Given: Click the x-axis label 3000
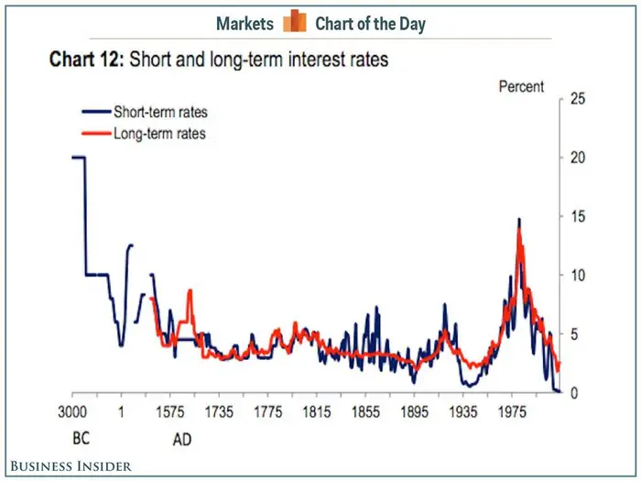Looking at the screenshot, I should pyautogui.click(x=72, y=411).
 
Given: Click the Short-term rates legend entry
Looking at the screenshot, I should pyautogui.click(x=159, y=113).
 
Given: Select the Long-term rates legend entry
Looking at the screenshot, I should pyautogui.click(x=158, y=134).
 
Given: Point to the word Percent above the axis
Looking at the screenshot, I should pyautogui.click(x=521, y=87).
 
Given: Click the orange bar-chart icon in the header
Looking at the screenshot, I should pyautogui.click(x=295, y=22).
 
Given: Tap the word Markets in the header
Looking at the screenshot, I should pyautogui.click(x=244, y=23).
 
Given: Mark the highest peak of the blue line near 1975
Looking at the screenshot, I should pyautogui.click(x=519, y=220).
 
